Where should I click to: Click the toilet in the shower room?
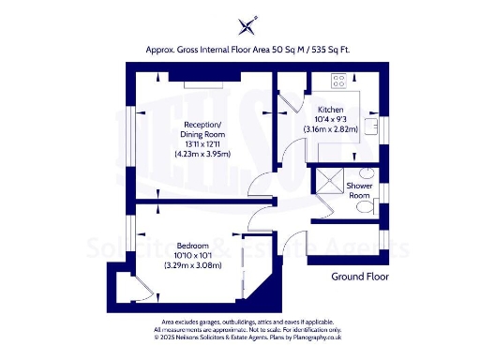tap(366, 208)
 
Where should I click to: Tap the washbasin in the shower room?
tap(368, 173)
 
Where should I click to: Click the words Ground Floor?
tap(360, 277)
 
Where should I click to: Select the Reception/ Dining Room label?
tap(202, 130)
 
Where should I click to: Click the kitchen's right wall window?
tap(383, 126)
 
